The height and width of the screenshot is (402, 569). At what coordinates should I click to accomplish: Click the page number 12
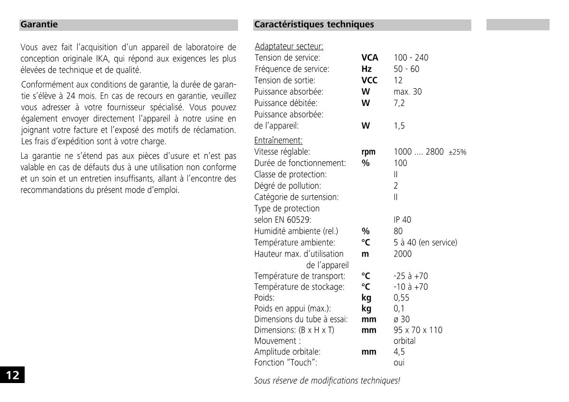coord(12,375)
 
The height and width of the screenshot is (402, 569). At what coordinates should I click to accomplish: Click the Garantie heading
coord(39,24)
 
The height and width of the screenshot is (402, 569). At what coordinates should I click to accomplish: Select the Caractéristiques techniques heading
coord(314,24)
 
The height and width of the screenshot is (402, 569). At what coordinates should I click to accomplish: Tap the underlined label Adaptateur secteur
coord(289,46)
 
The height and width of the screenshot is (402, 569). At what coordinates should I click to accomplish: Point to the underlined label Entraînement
coord(278,140)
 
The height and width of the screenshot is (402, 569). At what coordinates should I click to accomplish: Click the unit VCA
coord(369,58)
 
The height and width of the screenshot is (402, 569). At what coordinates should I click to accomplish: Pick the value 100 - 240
coord(411,58)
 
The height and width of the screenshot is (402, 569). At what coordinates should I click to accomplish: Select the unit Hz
coord(366,69)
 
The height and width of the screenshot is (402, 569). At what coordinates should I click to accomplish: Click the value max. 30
coord(407,91)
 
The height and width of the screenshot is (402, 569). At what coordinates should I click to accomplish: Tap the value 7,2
coord(399,103)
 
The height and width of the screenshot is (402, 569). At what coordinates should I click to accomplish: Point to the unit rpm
coord(368,152)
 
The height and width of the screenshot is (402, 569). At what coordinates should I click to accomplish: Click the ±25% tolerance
coord(457,152)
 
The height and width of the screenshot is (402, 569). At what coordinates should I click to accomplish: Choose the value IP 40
coord(403,220)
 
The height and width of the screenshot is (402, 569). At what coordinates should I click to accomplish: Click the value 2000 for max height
coord(403,254)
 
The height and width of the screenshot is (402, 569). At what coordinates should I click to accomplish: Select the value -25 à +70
coord(411,276)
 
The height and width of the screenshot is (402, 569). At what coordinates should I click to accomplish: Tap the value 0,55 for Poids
coord(401,298)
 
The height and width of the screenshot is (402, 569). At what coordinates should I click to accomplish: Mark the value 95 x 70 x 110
coord(418,330)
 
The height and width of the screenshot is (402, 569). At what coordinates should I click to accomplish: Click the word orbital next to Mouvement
coord(404,341)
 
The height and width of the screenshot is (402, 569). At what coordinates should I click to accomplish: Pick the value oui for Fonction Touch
coord(399,363)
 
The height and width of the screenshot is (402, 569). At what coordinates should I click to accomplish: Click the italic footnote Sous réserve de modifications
coord(327,380)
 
